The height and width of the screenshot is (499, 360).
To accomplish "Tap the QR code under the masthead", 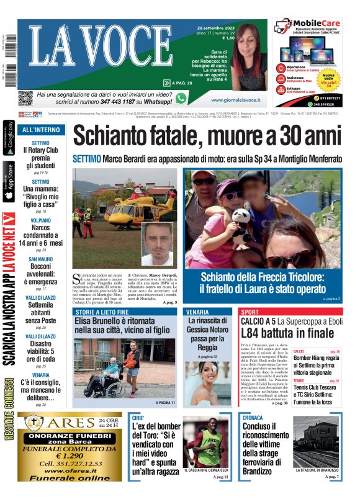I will pos(25,98).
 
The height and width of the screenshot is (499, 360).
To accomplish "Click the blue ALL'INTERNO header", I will pos(41,130).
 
